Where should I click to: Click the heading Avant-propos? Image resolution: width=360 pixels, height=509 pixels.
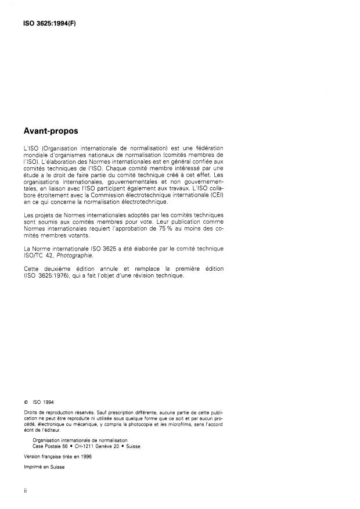pos(51,132)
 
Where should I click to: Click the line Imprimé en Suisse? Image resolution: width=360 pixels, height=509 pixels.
pos(44,466)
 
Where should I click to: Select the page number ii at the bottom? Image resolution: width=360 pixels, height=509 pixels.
pos(25,490)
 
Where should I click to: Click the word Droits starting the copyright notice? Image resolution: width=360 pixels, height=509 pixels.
pos(30,411)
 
